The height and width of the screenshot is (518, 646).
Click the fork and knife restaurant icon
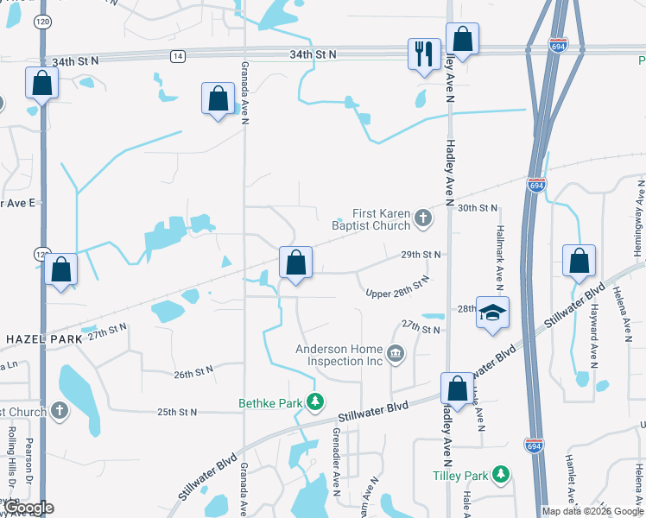(423, 54)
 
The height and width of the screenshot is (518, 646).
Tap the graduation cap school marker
(492, 313)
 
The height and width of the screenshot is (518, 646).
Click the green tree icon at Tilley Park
(500, 475)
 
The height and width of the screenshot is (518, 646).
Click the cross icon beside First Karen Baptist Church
(423, 218)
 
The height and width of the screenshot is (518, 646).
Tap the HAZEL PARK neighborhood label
(44, 339)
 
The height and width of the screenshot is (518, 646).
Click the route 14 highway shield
(177, 56)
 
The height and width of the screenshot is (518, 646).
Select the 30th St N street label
(478, 208)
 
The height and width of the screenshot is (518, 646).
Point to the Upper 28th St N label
(398, 289)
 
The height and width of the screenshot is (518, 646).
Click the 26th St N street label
(193, 373)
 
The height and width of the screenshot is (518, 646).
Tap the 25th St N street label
(178, 412)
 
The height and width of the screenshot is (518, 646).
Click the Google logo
(28, 508)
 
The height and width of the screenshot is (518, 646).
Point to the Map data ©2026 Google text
(592, 511)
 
